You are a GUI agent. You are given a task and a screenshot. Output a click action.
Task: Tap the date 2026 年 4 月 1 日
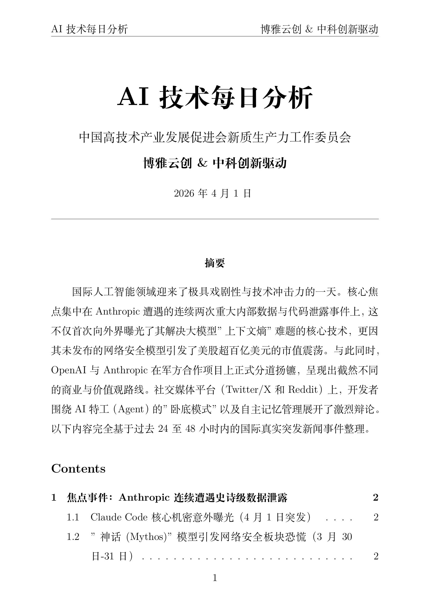point(212,194)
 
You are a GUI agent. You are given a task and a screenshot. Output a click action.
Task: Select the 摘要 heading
point(215,263)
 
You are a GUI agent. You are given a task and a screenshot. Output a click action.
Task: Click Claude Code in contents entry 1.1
point(119,517)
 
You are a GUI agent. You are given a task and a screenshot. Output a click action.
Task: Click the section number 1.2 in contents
point(73,537)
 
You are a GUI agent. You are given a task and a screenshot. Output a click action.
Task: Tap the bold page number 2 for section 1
point(375,498)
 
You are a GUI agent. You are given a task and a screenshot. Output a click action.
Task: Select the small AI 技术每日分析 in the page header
point(89,29)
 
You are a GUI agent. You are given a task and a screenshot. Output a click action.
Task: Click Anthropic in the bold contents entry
point(144,498)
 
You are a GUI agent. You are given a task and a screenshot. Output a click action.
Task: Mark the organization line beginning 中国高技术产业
point(215,138)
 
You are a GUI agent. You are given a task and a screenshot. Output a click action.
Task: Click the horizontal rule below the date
point(215,219)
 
